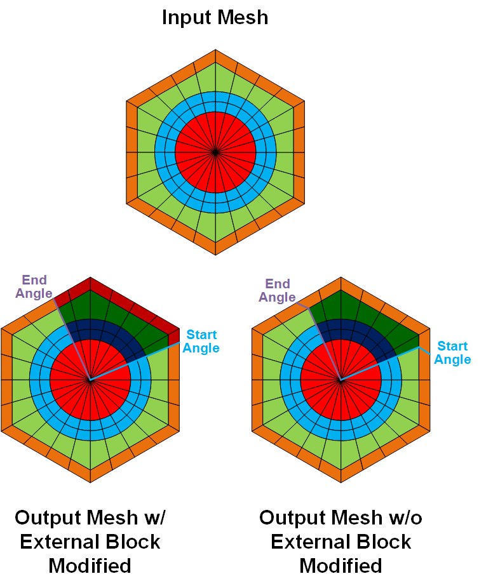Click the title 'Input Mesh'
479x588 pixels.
point(215,17)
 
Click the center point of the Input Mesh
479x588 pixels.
point(215,152)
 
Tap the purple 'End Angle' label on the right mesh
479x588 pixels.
point(277,291)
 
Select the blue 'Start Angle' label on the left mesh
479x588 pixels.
point(201,342)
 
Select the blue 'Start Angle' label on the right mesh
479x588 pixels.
point(453,353)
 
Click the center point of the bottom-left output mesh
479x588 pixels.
point(90,380)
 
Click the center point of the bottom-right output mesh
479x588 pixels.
point(341,380)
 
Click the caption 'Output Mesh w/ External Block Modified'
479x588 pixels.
point(90,542)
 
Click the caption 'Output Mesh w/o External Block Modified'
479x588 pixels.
point(341,542)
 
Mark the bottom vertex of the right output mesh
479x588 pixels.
point(341,483)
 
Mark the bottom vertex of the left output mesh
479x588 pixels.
point(90,483)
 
